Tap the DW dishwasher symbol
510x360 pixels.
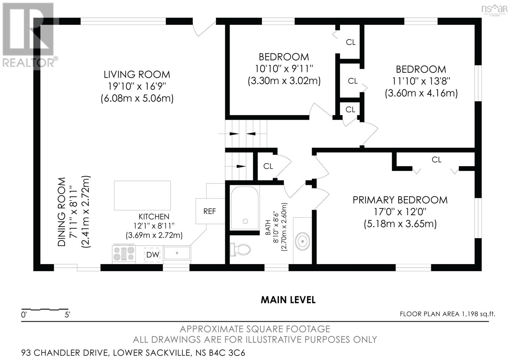pos(153,255)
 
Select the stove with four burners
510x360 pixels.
pos(124,254)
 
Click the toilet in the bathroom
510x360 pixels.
pos(240,249)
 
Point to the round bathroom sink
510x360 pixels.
pos(302,241)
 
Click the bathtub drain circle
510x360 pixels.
pos(245,221)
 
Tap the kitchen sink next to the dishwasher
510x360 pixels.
pos(177,253)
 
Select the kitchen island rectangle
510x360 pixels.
pos(142,195)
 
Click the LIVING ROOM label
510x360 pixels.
pos(137,75)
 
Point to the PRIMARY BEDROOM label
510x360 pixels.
pos(400,200)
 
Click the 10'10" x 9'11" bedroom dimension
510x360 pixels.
pos(284,68)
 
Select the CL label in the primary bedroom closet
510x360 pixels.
pos(436,160)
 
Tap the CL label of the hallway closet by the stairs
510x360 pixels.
pos(268,166)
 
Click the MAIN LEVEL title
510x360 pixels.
pos(288,300)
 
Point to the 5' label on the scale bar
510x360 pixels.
pos(67,315)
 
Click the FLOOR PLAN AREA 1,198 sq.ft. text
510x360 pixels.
pos(448,314)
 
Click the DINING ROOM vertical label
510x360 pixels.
pos(62,212)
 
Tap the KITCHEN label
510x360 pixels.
pos(154,216)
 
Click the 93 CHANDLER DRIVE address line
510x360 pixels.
pos(133,353)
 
